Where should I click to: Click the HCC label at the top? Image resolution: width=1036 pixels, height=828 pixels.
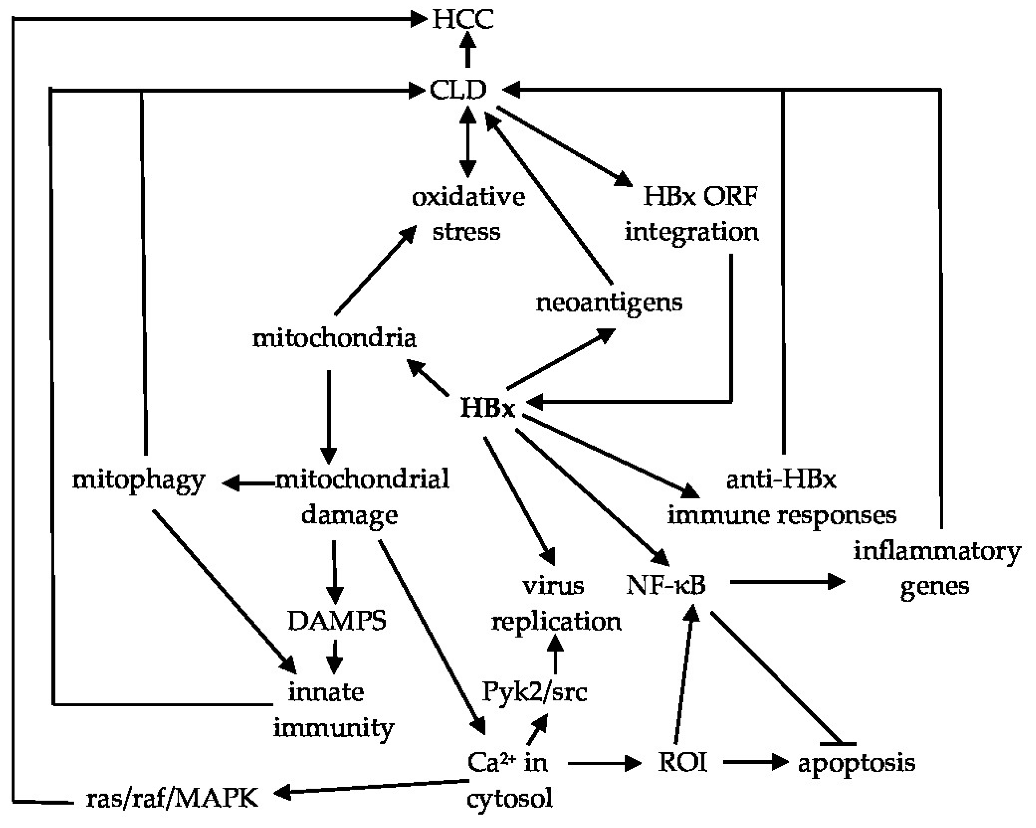[462, 20]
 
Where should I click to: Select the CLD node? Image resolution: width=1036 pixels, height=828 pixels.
[458, 90]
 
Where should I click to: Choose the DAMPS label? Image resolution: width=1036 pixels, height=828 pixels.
[336, 620]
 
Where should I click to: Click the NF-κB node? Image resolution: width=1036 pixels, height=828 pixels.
[666, 585]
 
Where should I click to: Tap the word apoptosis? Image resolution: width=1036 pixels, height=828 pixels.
[856, 764]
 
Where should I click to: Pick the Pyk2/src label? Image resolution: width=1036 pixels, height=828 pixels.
[534, 692]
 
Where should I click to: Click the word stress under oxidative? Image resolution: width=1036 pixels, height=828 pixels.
[466, 231]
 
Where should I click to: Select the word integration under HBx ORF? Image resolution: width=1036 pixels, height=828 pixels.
[691, 233]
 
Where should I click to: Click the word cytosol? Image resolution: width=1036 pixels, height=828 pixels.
[509, 799]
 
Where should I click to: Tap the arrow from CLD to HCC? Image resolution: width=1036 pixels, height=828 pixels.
[467, 50]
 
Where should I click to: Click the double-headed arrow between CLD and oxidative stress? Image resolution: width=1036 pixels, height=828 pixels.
[467, 142]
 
